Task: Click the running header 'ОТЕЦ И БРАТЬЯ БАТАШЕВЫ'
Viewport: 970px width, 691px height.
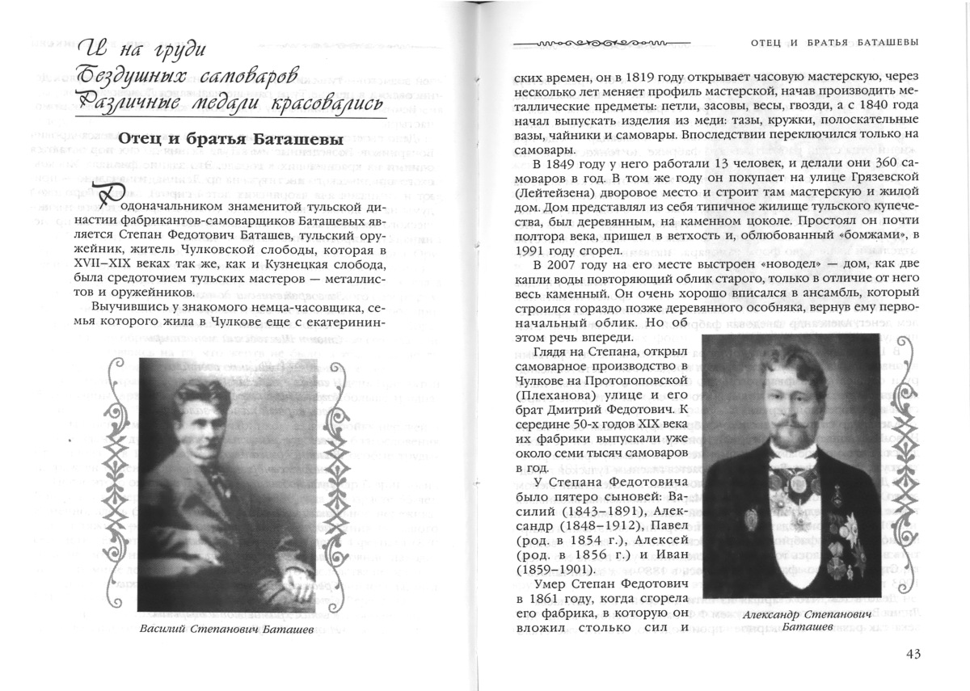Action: point(835,41)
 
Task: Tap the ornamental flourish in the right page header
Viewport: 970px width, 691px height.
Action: point(602,41)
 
